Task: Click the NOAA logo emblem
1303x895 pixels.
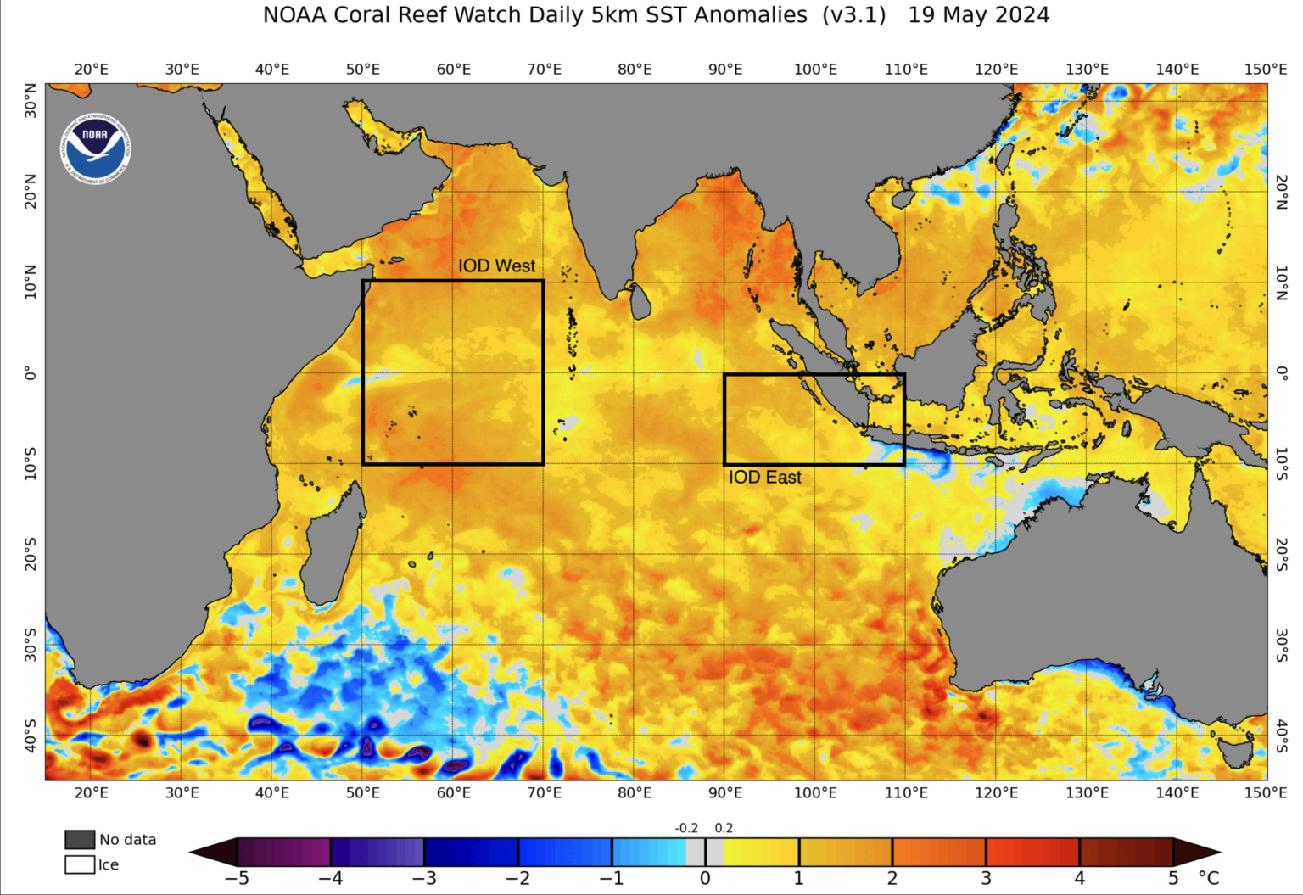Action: point(95,149)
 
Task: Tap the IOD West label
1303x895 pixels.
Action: point(496,266)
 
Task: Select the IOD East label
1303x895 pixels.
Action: point(764,478)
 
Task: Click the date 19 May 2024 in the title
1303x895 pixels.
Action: point(978,15)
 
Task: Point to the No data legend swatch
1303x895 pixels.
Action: point(80,839)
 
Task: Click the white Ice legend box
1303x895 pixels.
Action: point(80,864)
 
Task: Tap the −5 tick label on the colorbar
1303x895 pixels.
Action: point(237,878)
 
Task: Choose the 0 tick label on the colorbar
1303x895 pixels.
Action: point(705,878)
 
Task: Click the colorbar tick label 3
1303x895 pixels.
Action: point(986,878)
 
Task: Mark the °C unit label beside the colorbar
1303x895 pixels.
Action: point(1208,878)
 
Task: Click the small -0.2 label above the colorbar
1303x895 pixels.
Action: point(686,828)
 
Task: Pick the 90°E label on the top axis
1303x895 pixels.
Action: point(725,70)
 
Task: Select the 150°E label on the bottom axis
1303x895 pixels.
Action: point(1266,792)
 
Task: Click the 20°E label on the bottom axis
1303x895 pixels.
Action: point(92,792)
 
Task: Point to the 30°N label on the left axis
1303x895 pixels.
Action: point(31,101)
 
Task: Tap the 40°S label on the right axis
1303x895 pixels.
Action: point(1282,735)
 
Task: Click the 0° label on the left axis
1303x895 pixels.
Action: point(31,373)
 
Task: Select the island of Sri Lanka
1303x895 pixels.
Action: point(640,301)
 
